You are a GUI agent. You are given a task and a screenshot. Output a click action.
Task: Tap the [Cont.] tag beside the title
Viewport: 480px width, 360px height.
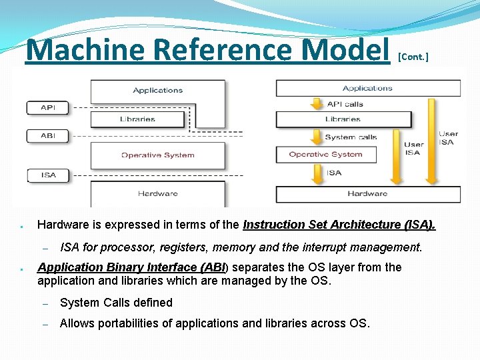coord(413,57)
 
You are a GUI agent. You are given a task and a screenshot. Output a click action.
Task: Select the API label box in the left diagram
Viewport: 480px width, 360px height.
coord(48,107)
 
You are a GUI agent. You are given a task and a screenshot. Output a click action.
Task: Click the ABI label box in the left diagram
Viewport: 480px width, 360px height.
coord(48,135)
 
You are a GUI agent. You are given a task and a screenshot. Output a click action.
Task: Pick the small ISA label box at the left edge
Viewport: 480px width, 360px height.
coord(48,175)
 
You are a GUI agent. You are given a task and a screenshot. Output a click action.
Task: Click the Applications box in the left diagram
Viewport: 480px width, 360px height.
coord(157,90)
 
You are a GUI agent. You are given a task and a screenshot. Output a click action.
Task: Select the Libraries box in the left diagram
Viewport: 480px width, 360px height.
coord(137,119)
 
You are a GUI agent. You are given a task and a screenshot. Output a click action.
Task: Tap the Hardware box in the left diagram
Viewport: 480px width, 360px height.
coord(157,193)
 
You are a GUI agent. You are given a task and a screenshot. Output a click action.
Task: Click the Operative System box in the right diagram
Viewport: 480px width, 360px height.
coord(326,155)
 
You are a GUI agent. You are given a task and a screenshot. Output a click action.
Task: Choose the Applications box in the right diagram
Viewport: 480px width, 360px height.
coord(368,88)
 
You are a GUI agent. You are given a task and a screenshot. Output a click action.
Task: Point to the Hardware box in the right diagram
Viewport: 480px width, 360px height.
coord(368,194)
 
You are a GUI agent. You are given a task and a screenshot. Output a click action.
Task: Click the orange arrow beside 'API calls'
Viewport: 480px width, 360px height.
coord(315,104)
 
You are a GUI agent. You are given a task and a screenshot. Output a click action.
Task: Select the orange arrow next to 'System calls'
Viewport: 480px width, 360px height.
coord(315,137)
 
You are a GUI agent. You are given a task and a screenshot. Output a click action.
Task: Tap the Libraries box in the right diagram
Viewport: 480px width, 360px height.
coord(343,119)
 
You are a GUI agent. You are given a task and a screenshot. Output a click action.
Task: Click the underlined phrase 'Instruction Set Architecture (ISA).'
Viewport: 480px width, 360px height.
coord(339,225)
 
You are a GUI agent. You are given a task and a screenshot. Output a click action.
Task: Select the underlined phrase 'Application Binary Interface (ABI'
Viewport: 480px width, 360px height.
coord(132,267)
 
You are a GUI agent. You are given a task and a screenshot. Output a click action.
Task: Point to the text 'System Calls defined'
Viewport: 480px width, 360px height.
coord(116,303)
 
